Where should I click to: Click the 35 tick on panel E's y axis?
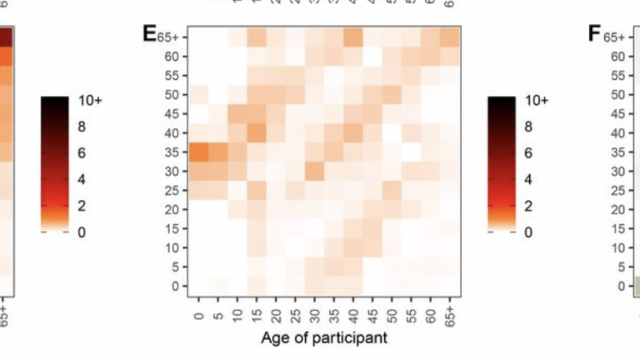tap(172, 152)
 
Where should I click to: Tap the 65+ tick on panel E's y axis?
tap(168, 37)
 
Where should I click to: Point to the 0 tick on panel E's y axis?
tap(175, 286)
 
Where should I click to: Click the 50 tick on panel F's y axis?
tap(617, 94)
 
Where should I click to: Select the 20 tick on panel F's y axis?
tap(617, 209)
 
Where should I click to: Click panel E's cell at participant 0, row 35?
tap(198, 152)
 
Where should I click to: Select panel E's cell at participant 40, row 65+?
tap(352, 37)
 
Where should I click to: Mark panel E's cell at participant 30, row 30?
tap(314, 172)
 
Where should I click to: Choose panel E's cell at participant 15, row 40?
tap(256, 133)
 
